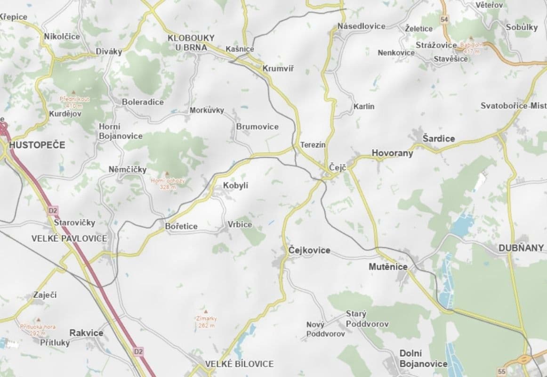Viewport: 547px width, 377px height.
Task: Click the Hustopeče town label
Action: [x=37, y=145]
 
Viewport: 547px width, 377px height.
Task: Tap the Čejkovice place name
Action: [x=309, y=250]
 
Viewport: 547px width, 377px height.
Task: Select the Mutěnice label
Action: [x=388, y=267]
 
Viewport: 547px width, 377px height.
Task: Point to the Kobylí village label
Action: [x=235, y=186]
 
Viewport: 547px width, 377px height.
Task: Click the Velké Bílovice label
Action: [x=239, y=364]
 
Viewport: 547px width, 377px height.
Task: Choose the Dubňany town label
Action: [x=521, y=248]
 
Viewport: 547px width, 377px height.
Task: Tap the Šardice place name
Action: [x=439, y=139]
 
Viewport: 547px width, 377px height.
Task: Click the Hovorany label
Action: [x=392, y=153]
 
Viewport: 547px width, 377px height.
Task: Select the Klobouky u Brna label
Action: [x=191, y=42]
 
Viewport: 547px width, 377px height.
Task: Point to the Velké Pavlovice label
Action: [x=69, y=238]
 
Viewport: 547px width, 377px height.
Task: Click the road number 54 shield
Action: [x=444, y=19]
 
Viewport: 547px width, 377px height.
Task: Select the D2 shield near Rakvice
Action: [x=137, y=351]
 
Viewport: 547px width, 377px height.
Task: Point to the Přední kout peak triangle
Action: [x=73, y=92]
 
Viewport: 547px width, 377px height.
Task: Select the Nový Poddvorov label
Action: [x=325, y=329]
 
